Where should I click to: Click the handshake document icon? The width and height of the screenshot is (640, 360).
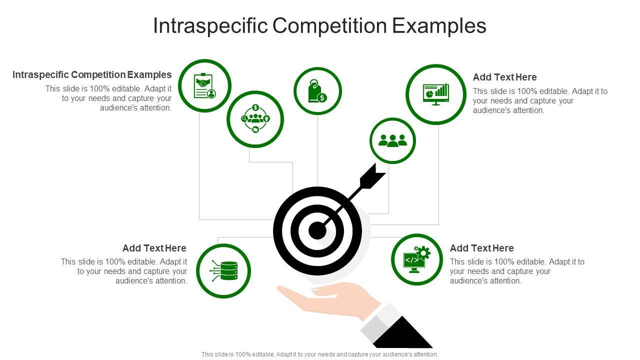point(204,86)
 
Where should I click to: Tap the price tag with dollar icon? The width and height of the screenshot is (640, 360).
point(317,91)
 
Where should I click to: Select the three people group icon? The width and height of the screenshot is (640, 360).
point(392,141)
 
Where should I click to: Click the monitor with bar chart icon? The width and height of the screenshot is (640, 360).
point(435,94)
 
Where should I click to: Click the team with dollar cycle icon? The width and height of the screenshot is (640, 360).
point(255,119)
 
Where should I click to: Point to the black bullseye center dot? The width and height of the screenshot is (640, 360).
point(317,230)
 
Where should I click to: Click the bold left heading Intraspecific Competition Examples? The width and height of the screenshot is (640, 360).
point(92,74)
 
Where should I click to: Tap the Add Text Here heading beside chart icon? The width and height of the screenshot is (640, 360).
point(504,77)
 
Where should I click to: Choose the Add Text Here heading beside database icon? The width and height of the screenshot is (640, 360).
point(154,248)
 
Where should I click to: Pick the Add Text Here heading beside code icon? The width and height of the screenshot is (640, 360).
point(481,248)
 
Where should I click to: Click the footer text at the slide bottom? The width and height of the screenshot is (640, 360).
point(319,354)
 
